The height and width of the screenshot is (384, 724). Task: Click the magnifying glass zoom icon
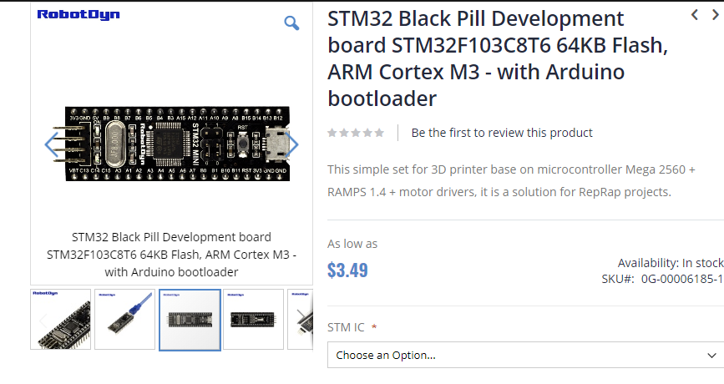click(291, 23)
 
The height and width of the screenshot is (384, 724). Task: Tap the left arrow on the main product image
click(52, 145)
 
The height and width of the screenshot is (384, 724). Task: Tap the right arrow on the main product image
click(292, 145)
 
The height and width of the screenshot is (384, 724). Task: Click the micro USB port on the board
click(276, 147)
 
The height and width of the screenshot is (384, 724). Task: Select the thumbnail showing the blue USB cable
click(124, 320)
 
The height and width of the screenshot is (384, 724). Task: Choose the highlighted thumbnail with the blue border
click(190, 320)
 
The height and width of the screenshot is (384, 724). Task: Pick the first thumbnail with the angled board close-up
click(60, 320)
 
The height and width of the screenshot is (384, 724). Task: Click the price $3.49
click(347, 270)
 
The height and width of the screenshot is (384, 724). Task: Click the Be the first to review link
click(502, 133)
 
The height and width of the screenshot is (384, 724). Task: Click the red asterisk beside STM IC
click(374, 327)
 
